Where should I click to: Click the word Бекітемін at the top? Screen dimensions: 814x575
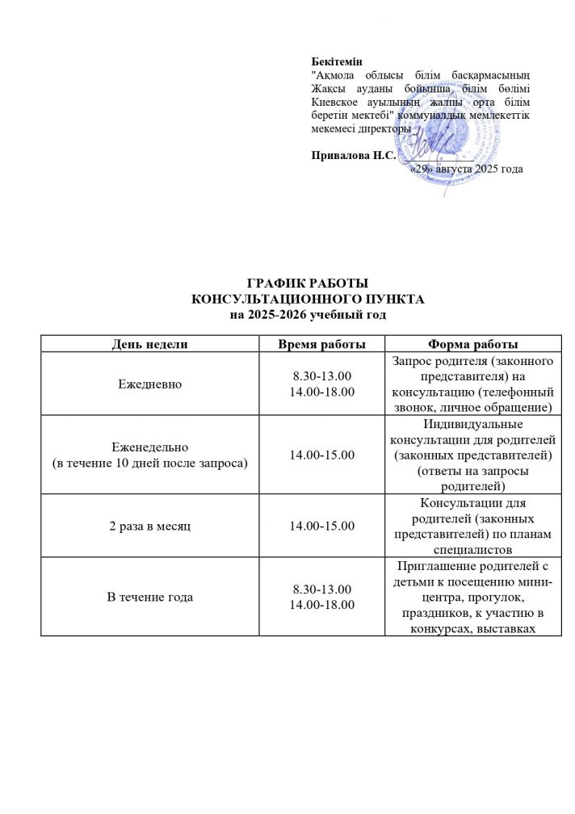point(337,61)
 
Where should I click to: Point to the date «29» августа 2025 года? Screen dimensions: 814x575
point(466,170)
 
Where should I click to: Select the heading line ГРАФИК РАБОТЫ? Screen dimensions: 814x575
point(307,284)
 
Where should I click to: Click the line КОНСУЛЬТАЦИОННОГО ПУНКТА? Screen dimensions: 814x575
point(307,299)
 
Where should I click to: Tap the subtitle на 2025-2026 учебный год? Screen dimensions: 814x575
point(307,313)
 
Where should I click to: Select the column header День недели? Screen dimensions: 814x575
point(149,344)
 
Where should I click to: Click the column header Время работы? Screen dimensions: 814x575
point(322,344)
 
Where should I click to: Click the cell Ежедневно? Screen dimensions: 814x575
point(149,384)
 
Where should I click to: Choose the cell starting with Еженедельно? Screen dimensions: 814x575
point(149,455)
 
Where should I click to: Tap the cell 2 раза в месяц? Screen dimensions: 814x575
point(149,526)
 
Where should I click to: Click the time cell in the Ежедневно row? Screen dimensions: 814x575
point(322,384)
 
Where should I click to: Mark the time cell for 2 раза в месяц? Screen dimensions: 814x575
point(322,526)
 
